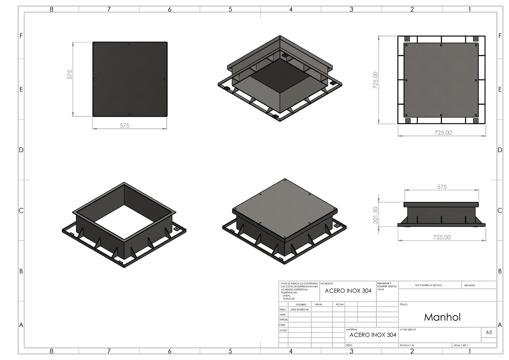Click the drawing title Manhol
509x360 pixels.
442,317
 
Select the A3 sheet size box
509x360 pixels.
489,333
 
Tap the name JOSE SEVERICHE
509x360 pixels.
299,310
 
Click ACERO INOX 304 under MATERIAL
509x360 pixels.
373,335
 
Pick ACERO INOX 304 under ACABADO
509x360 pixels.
348,291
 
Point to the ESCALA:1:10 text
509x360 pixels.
407,346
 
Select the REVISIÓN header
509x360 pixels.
470,285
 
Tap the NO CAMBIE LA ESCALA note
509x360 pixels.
428,285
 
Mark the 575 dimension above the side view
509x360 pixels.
442,187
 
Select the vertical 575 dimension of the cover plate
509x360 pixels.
70,74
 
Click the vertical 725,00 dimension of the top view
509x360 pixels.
375,80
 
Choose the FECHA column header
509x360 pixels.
340,304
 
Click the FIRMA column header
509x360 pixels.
319,304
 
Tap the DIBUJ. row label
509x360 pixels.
283,310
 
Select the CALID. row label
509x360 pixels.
283,330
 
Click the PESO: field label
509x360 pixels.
350,346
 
